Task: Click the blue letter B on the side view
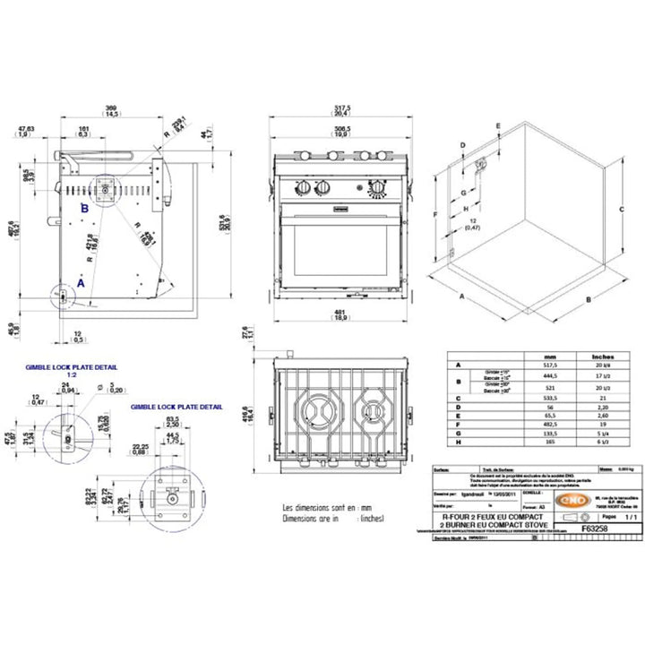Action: (84, 208)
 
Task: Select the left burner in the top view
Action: (318, 411)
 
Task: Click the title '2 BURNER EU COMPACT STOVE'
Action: (488, 523)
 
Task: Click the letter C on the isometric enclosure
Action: (620, 207)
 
